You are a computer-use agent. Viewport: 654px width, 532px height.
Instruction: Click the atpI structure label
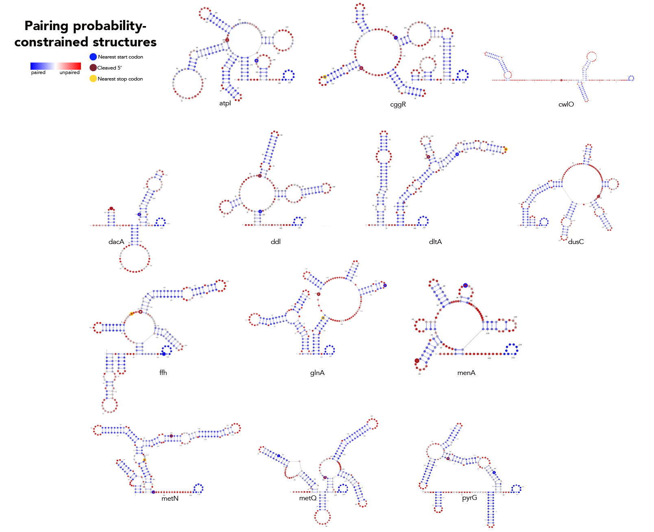(x=225, y=103)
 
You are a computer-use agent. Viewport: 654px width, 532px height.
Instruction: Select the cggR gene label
(x=398, y=104)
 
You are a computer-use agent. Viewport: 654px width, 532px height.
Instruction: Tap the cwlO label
(x=566, y=104)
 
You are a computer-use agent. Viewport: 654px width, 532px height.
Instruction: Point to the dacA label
(x=116, y=242)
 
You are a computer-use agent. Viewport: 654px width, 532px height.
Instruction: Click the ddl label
(x=275, y=242)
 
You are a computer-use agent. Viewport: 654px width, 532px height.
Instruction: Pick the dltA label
(x=435, y=242)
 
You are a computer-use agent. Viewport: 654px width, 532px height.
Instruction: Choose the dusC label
(x=576, y=242)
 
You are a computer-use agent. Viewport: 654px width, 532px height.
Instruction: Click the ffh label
(x=163, y=373)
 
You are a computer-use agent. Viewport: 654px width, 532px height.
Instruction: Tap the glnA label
(x=317, y=373)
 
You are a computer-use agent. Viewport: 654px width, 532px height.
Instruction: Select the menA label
(x=466, y=373)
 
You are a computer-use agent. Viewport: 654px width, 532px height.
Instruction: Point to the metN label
(x=170, y=498)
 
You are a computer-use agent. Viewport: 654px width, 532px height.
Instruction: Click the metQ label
(x=307, y=498)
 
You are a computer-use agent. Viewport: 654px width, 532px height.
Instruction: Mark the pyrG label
(x=469, y=498)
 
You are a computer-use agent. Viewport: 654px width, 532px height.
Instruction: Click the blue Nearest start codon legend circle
(x=93, y=57)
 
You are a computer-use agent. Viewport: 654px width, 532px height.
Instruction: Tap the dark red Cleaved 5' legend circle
(x=93, y=68)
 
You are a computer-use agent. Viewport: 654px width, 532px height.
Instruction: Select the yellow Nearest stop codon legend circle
(x=93, y=78)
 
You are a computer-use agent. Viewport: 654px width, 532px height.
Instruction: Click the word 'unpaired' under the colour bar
(x=70, y=73)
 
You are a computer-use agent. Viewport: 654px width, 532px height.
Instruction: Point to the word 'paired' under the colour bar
(x=38, y=73)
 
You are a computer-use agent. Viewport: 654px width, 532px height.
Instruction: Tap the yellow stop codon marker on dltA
(x=506, y=149)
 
